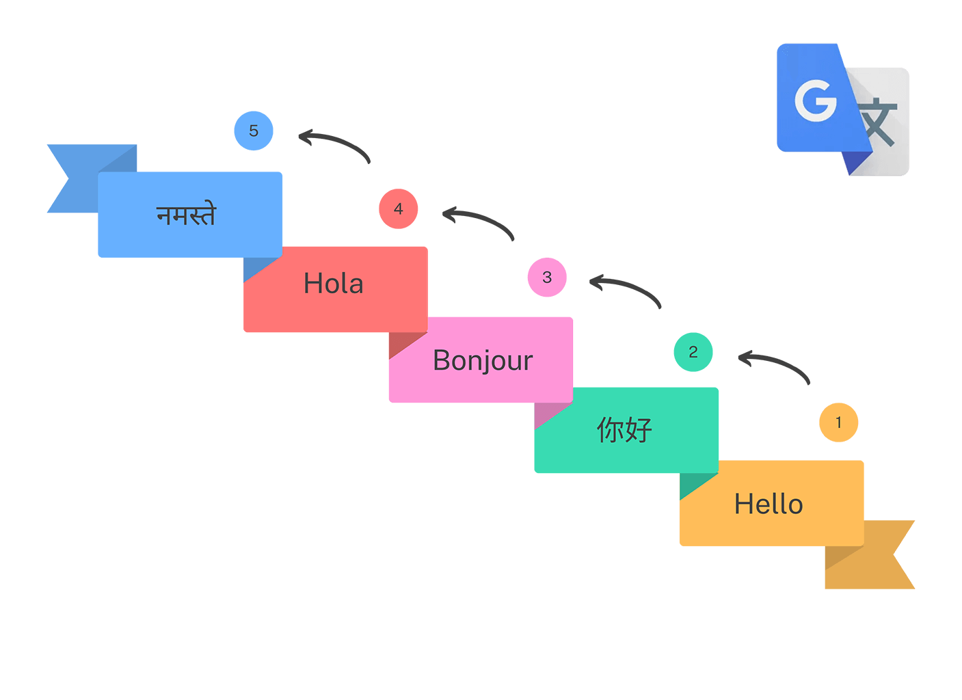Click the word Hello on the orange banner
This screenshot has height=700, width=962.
coord(769,504)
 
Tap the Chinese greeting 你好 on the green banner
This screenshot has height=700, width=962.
coord(625,430)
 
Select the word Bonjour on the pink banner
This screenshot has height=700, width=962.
coord(483,360)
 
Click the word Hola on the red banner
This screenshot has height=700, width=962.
coord(334,284)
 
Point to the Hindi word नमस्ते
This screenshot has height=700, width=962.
coord(186,215)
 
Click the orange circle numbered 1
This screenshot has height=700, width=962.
coord(838,422)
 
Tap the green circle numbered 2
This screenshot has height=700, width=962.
coord(693,352)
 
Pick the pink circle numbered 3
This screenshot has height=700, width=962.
coord(547,278)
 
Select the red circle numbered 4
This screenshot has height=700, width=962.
coord(399,208)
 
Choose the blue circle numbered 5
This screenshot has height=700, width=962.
coord(254,131)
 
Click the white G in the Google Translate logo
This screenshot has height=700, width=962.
coord(816,100)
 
